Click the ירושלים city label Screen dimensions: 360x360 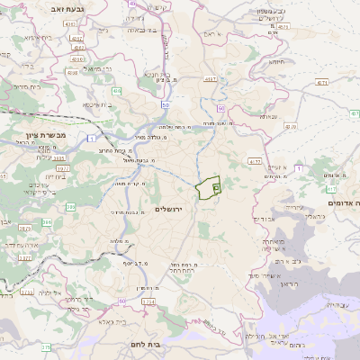tap(169, 209)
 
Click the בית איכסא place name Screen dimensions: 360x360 tap(95, 104)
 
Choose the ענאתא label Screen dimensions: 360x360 tap(268, 116)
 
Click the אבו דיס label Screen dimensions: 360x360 tap(264, 219)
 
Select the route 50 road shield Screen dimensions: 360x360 tap(167, 104)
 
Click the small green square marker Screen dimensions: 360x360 tap(217, 187)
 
